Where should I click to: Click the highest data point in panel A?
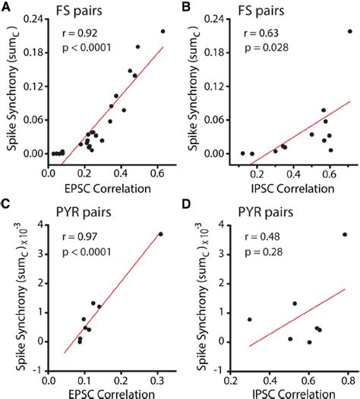point(163,31)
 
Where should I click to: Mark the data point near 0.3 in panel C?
point(160,234)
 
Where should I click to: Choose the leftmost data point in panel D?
point(250,319)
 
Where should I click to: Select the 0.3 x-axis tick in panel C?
point(159,373)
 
